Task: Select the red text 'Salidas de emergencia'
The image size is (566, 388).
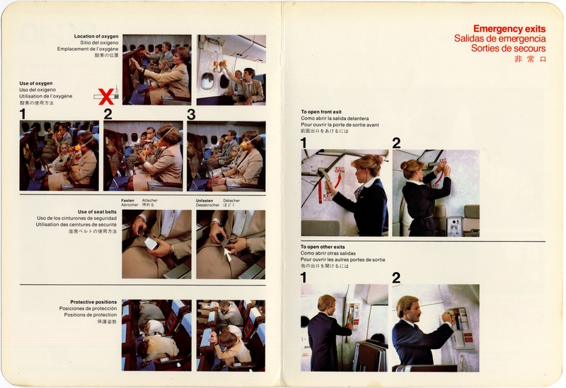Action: (499, 39)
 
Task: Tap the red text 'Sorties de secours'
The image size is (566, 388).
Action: (508, 49)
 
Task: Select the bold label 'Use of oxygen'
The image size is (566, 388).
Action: (36, 83)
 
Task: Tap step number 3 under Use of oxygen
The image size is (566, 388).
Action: (190, 114)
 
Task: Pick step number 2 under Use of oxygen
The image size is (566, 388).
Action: (108, 114)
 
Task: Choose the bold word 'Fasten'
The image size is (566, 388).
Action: (128, 200)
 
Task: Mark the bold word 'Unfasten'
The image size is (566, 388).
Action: (205, 200)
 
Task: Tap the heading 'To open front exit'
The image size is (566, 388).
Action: (323, 112)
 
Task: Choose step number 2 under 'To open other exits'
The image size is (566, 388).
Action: (396, 278)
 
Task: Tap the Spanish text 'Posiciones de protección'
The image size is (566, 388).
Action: (88, 308)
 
